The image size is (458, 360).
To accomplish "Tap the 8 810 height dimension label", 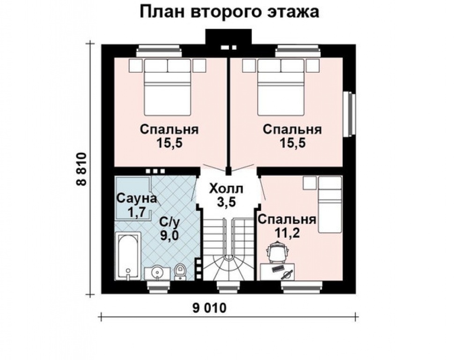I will tap(81, 169).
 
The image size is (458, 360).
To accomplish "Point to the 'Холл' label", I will tap(226, 189).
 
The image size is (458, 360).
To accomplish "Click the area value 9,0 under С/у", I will tap(169, 235).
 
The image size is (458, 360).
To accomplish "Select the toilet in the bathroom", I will tap(181, 271).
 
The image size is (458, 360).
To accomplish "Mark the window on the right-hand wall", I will tap(349, 113).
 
